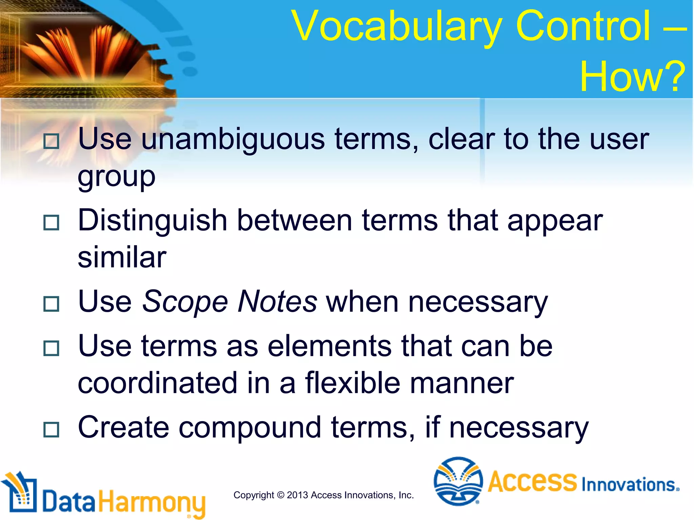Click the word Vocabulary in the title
click(397, 27)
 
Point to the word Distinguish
click(152, 221)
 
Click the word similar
click(122, 257)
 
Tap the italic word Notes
click(277, 301)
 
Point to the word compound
click(250, 428)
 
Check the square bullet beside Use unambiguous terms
click(52, 141)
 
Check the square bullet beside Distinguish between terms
click(52, 223)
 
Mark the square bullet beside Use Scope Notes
click(52, 304)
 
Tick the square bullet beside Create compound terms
click(52, 430)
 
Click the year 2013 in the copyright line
click(297, 495)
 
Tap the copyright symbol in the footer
click(281, 495)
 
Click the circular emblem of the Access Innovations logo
click(458, 481)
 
